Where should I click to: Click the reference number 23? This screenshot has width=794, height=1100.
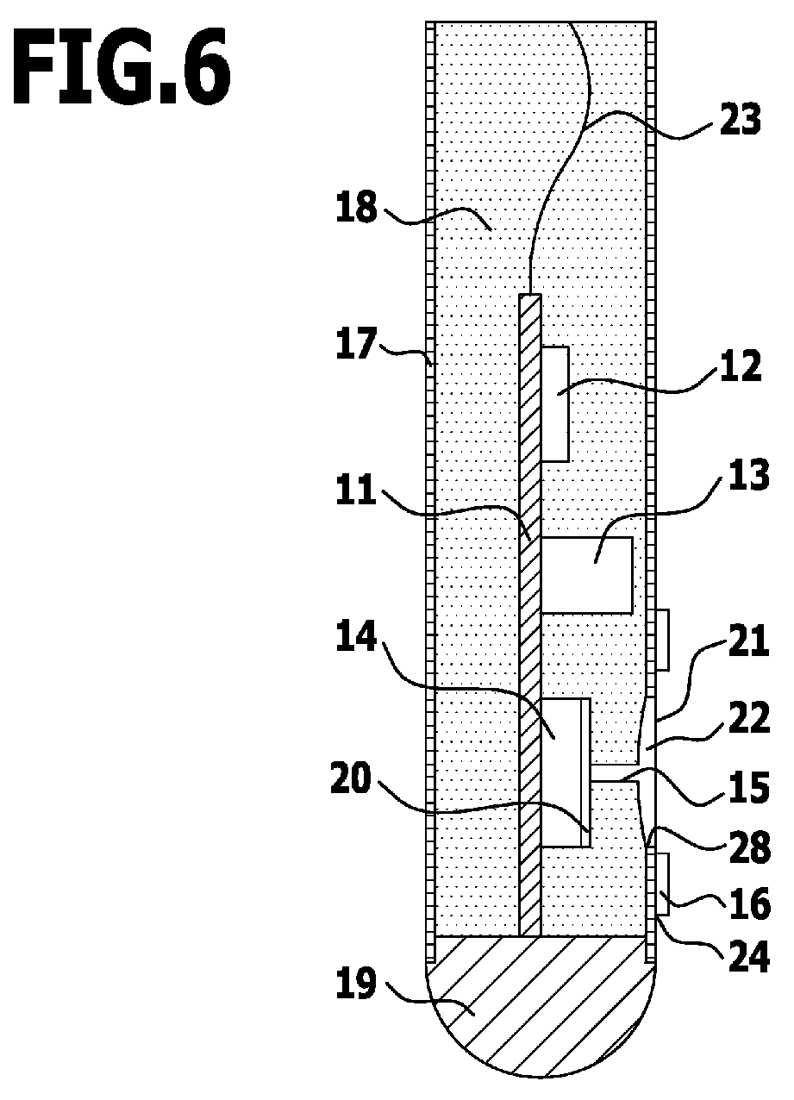pyautogui.click(x=741, y=121)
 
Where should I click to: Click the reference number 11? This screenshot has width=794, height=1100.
pyautogui.click(x=357, y=492)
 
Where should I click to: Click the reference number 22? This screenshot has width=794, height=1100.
pyautogui.click(x=747, y=719)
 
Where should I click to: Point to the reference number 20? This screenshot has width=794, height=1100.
pyautogui.click(x=357, y=779)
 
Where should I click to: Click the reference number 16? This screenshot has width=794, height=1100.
pyautogui.click(x=747, y=903)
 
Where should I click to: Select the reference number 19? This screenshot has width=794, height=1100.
pyautogui.click(x=357, y=984)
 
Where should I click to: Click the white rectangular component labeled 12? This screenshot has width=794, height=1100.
pyautogui.click(x=556, y=403)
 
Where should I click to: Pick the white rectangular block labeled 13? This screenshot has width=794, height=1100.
pyautogui.click(x=587, y=574)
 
